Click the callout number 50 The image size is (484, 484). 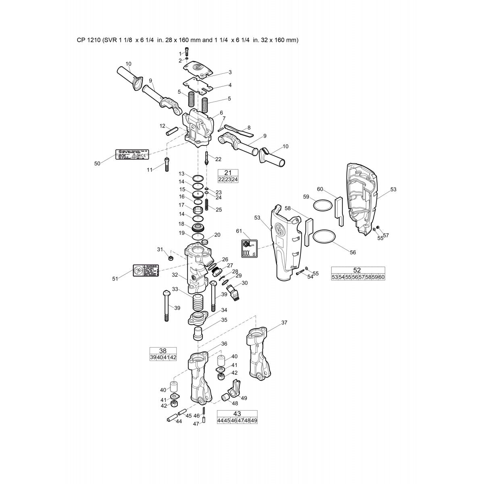(97, 163)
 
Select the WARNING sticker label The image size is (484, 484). (146, 271)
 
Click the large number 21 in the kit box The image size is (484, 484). (228, 173)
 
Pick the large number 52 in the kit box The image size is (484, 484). (357, 270)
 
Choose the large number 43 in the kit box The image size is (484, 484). (237, 414)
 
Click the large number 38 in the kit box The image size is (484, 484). (163, 350)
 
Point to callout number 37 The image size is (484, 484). (284, 322)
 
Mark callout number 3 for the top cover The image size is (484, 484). (230, 72)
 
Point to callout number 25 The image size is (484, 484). (219, 209)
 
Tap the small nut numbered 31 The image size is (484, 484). (171, 258)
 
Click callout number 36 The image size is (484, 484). (224, 344)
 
